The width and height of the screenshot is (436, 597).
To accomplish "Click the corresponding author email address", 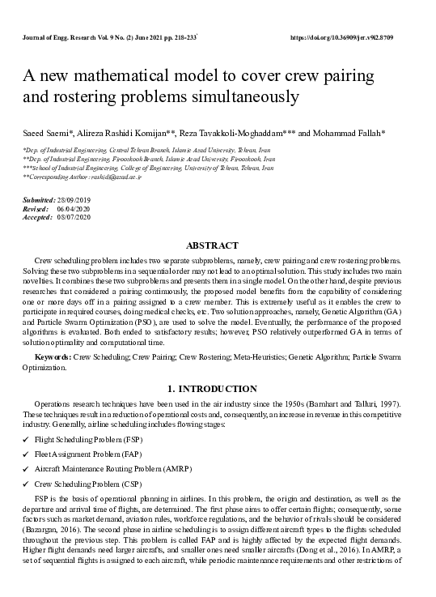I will coord(118,176).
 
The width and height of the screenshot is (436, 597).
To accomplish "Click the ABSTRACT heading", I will coord(212,245).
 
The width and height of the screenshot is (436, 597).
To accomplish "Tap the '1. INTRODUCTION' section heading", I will coord(212,389).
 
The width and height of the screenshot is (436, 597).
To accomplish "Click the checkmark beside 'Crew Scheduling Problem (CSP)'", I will coord(26,484).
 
